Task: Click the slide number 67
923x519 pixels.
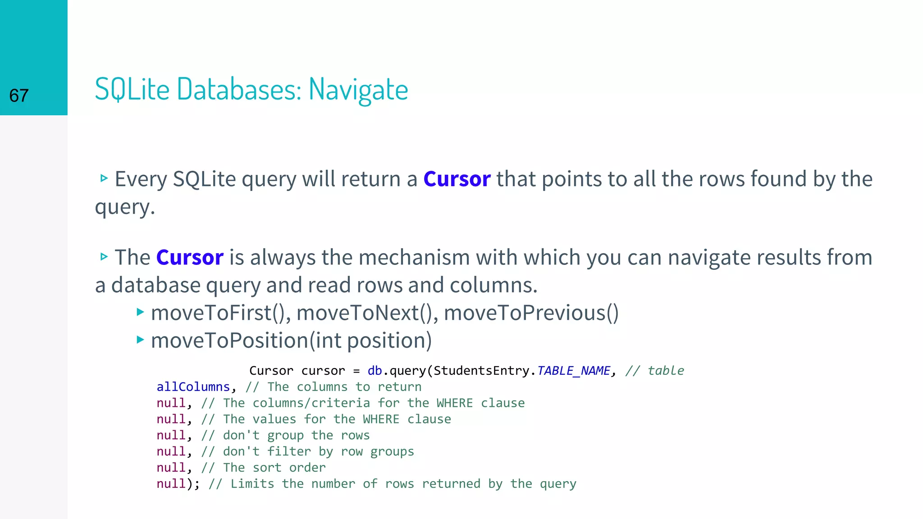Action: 19,96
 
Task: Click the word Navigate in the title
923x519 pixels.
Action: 358,89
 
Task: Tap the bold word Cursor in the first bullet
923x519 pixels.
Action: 457,179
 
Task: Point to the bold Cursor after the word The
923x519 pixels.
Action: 190,257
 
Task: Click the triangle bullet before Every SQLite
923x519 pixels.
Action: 104,178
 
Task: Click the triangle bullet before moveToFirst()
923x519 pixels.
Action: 140,311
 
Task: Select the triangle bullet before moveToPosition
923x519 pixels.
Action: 140,339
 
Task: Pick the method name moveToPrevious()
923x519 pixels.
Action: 531,313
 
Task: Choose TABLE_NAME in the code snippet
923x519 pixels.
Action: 574,370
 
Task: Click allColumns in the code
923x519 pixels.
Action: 193,387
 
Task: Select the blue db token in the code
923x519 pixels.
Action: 375,370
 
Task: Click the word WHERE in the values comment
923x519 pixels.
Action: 381,419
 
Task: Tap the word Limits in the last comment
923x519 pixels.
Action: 252,483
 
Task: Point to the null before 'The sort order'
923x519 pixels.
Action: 171,467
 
